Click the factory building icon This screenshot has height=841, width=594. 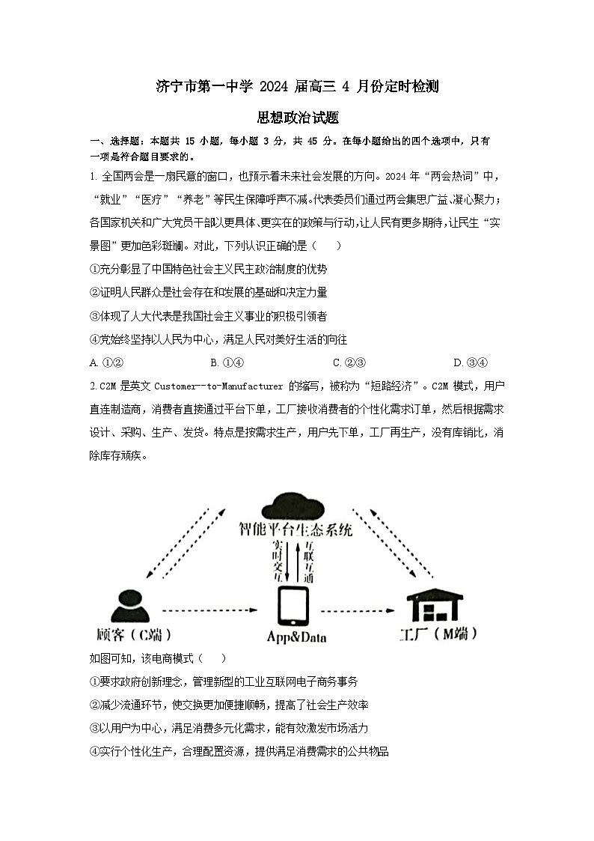pyautogui.click(x=435, y=605)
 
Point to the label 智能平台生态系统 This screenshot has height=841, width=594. pyautogui.click(x=296, y=530)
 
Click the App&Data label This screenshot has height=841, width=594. pyautogui.click(x=296, y=637)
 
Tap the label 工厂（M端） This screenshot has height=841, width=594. pyautogui.click(x=438, y=634)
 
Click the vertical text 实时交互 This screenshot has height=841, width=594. pyautogui.click(x=278, y=561)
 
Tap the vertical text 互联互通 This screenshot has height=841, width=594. pyautogui.click(x=308, y=561)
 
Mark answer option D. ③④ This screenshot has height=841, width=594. pyautogui.click(x=471, y=362)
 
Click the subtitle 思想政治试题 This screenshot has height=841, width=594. pyautogui.click(x=297, y=118)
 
